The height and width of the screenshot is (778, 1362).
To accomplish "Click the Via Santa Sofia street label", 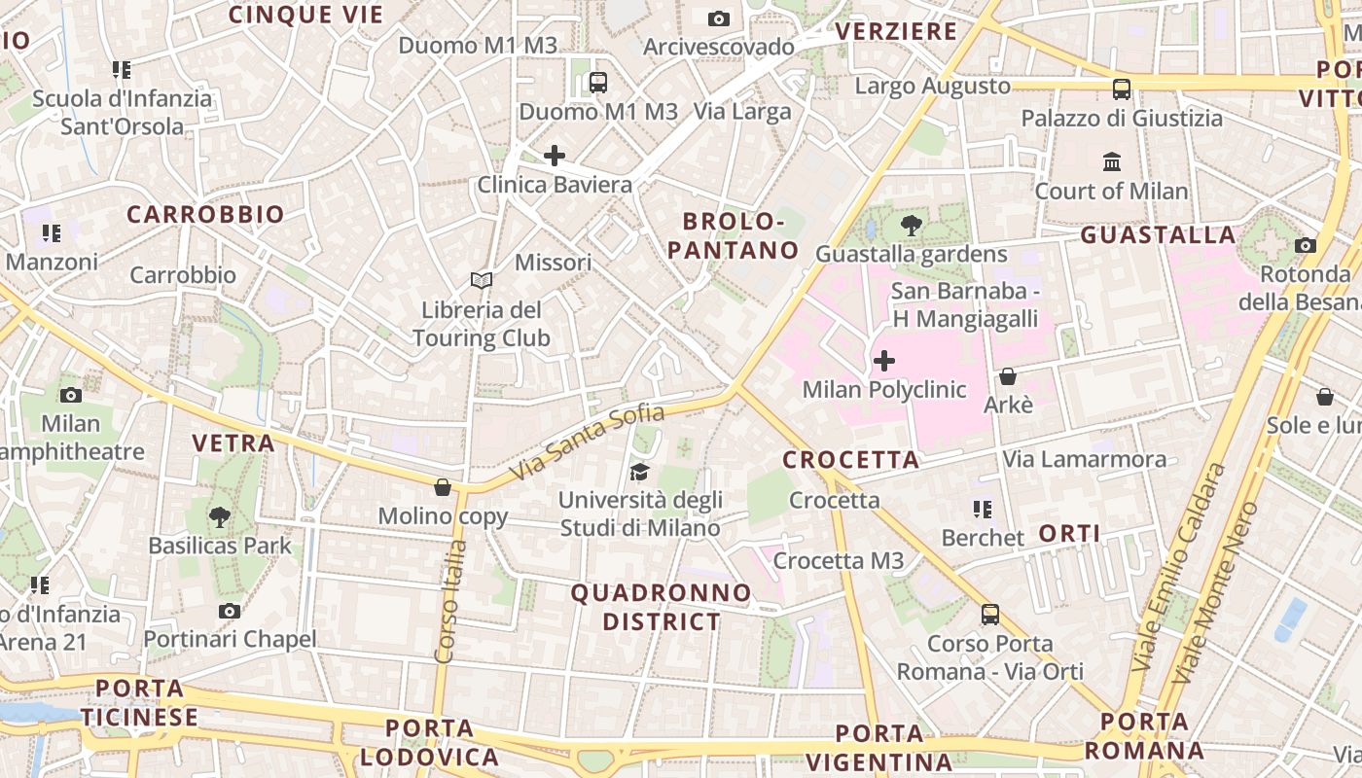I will pyautogui.click(x=588, y=442).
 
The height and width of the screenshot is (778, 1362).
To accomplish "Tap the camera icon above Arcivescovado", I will pyautogui.click(x=719, y=18).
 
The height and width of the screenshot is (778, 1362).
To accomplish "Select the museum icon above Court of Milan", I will pyautogui.click(x=1112, y=161).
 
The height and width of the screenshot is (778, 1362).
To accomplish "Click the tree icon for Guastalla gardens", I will pyautogui.click(x=912, y=226).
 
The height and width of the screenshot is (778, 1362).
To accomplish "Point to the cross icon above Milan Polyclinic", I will pyautogui.click(x=883, y=362).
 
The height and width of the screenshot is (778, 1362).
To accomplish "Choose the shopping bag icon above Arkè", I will pyautogui.click(x=1008, y=375).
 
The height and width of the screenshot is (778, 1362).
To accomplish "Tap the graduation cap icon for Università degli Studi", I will pyautogui.click(x=639, y=472).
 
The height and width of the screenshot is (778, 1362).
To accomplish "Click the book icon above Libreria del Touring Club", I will pyautogui.click(x=481, y=280).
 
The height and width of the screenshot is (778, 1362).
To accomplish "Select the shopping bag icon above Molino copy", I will pyautogui.click(x=443, y=486).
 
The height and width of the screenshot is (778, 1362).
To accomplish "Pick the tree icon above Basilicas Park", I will pyautogui.click(x=220, y=516).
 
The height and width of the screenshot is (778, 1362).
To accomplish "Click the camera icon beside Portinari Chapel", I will pyautogui.click(x=230, y=611).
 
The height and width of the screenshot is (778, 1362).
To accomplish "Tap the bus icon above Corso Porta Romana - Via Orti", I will pyautogui.click(x=989, y=615).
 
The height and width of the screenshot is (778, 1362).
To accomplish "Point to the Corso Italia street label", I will pyautogui.click(x=449, y=602).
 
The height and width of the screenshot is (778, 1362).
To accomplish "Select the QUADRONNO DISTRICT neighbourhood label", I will pyautogui.click(x=662, y=607).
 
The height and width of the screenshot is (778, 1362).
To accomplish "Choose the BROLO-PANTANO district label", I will pyautogui.click(x=733, y=235).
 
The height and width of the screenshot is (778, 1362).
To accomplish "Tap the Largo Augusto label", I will pyautogui.click(x=932, y=87).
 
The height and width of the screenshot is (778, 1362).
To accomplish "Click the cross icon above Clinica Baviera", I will pyautogui.click(x=554, y=156).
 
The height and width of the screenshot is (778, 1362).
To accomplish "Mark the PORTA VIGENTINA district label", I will pyautogui.click(x=893, y=747).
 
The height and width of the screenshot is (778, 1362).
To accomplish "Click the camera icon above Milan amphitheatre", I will pyautogui.click(x=70, y=395).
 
